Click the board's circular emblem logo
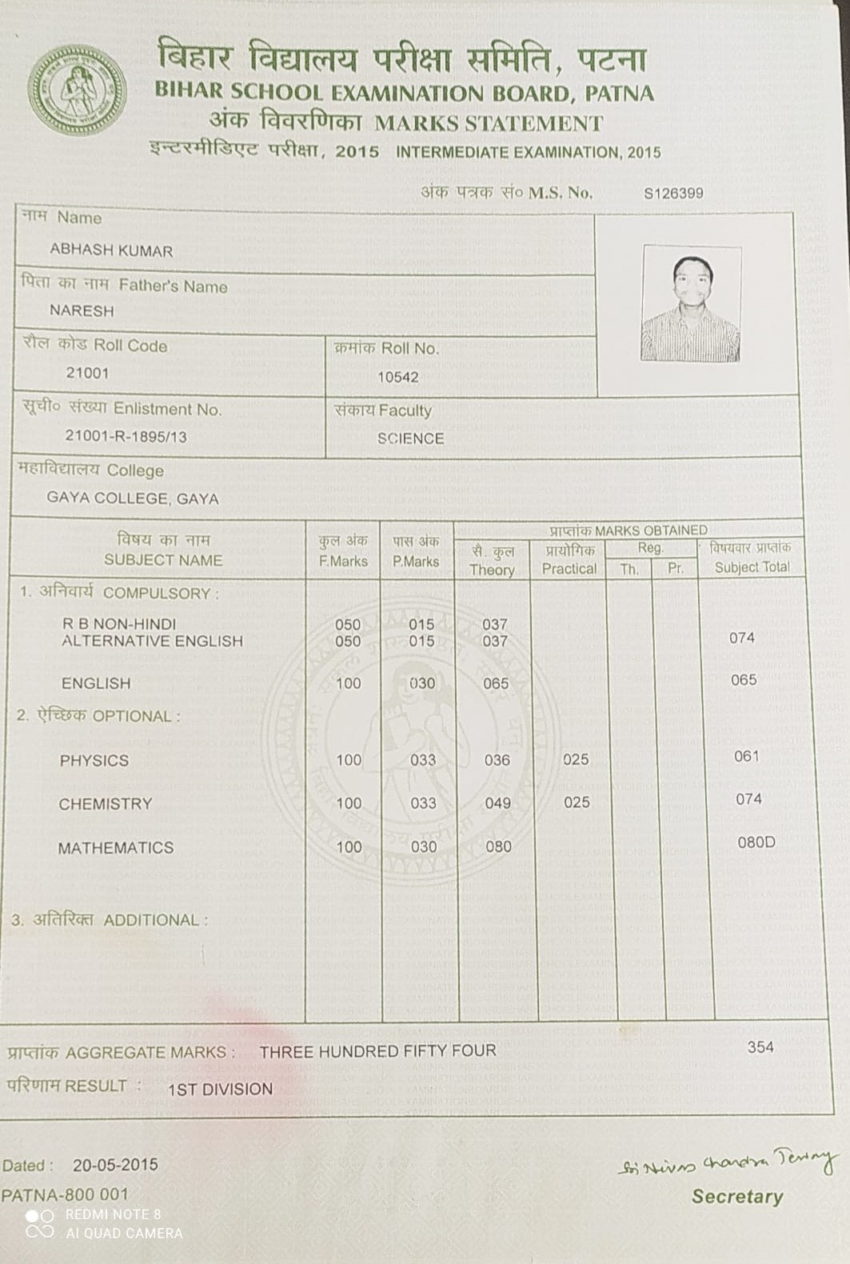click(x=77, y=89)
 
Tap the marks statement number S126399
click(x=673, y=193)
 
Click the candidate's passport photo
click(x=691, y=303)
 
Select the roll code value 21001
click(x=87, y=373)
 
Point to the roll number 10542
click(x=398, y=377)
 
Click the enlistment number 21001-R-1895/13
click(x=126, y=436)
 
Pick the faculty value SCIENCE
click(x=410, y=438)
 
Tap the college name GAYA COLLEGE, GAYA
click(x=132, y=498)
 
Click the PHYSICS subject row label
click(x=94, y=761)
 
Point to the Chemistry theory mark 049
click(x=497, y=803)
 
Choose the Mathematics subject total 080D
click(x=756, y=842)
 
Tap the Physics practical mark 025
click(x=576, y=759)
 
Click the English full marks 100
click(x=348, y=684)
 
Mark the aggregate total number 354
click(x=760, y=1047)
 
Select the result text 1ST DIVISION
click(x=220, y=1089)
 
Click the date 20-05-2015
click(x=115, y=1165)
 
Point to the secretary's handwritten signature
click(x=728, y=1163)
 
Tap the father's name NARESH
click(x=82, y=310)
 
